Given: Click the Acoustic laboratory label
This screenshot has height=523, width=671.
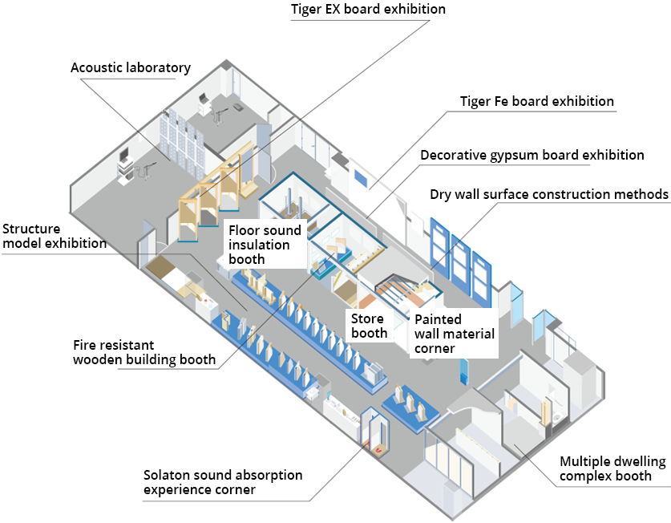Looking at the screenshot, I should pos(131,67).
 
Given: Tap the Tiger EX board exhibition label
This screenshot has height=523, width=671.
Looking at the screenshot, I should pos(368,10).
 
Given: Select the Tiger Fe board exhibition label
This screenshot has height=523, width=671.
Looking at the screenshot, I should pos(536,102).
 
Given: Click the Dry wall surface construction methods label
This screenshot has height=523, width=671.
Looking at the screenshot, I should pos(548,194).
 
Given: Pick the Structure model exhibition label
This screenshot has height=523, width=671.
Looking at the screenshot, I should pos(55,236).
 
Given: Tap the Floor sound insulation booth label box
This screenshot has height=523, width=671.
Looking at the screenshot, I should pos(265,244).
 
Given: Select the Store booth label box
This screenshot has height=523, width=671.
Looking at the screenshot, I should pos(369,326).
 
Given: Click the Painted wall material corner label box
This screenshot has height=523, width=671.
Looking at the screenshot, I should pos(455,333).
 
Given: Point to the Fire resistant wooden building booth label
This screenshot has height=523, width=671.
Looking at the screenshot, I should pos(144,352).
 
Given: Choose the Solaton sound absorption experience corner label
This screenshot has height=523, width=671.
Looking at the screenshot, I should pos(223,482).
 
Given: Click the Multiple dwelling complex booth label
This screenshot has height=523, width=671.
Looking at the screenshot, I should pos(613,469).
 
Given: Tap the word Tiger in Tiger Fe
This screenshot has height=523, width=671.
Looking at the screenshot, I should pos(477,102).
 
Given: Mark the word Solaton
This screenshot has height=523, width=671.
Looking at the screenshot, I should pos(167,475).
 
